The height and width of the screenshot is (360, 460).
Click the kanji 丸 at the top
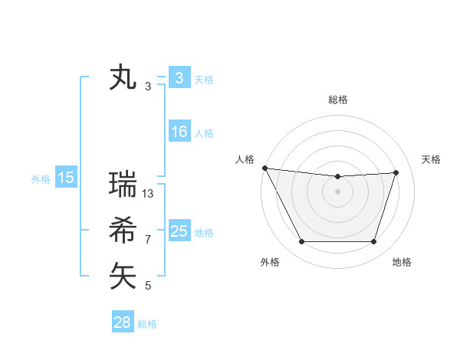click(123, 78)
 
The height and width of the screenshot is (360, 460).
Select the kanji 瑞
click(123, 185)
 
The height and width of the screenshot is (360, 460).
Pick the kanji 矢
click(123, 276)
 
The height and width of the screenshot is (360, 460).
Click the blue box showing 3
click(179, 77)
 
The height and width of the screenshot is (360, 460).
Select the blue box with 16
click(179, 132)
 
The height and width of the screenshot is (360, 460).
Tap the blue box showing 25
click(179, 231)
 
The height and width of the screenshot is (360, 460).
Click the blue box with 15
click(66, 178)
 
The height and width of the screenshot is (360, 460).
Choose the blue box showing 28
click(123, 322)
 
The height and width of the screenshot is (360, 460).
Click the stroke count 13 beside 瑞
click(149, 194)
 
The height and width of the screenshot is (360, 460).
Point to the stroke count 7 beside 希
click(148, 240)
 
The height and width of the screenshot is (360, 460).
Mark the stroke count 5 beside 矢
click(148, 286)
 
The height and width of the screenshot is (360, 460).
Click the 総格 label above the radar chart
click(338, 100)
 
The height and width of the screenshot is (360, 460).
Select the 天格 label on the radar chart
click(432, 159)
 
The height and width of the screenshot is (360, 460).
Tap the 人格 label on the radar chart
click(245, 159)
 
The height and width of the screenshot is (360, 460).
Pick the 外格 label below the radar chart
click(270, 263)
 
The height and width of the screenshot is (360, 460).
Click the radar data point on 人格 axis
click(264, 168)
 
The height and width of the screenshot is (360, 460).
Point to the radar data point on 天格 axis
click(396, 172)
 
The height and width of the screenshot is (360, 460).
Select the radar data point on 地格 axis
click(374, 242)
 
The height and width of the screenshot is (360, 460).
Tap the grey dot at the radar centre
click(338, 191)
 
